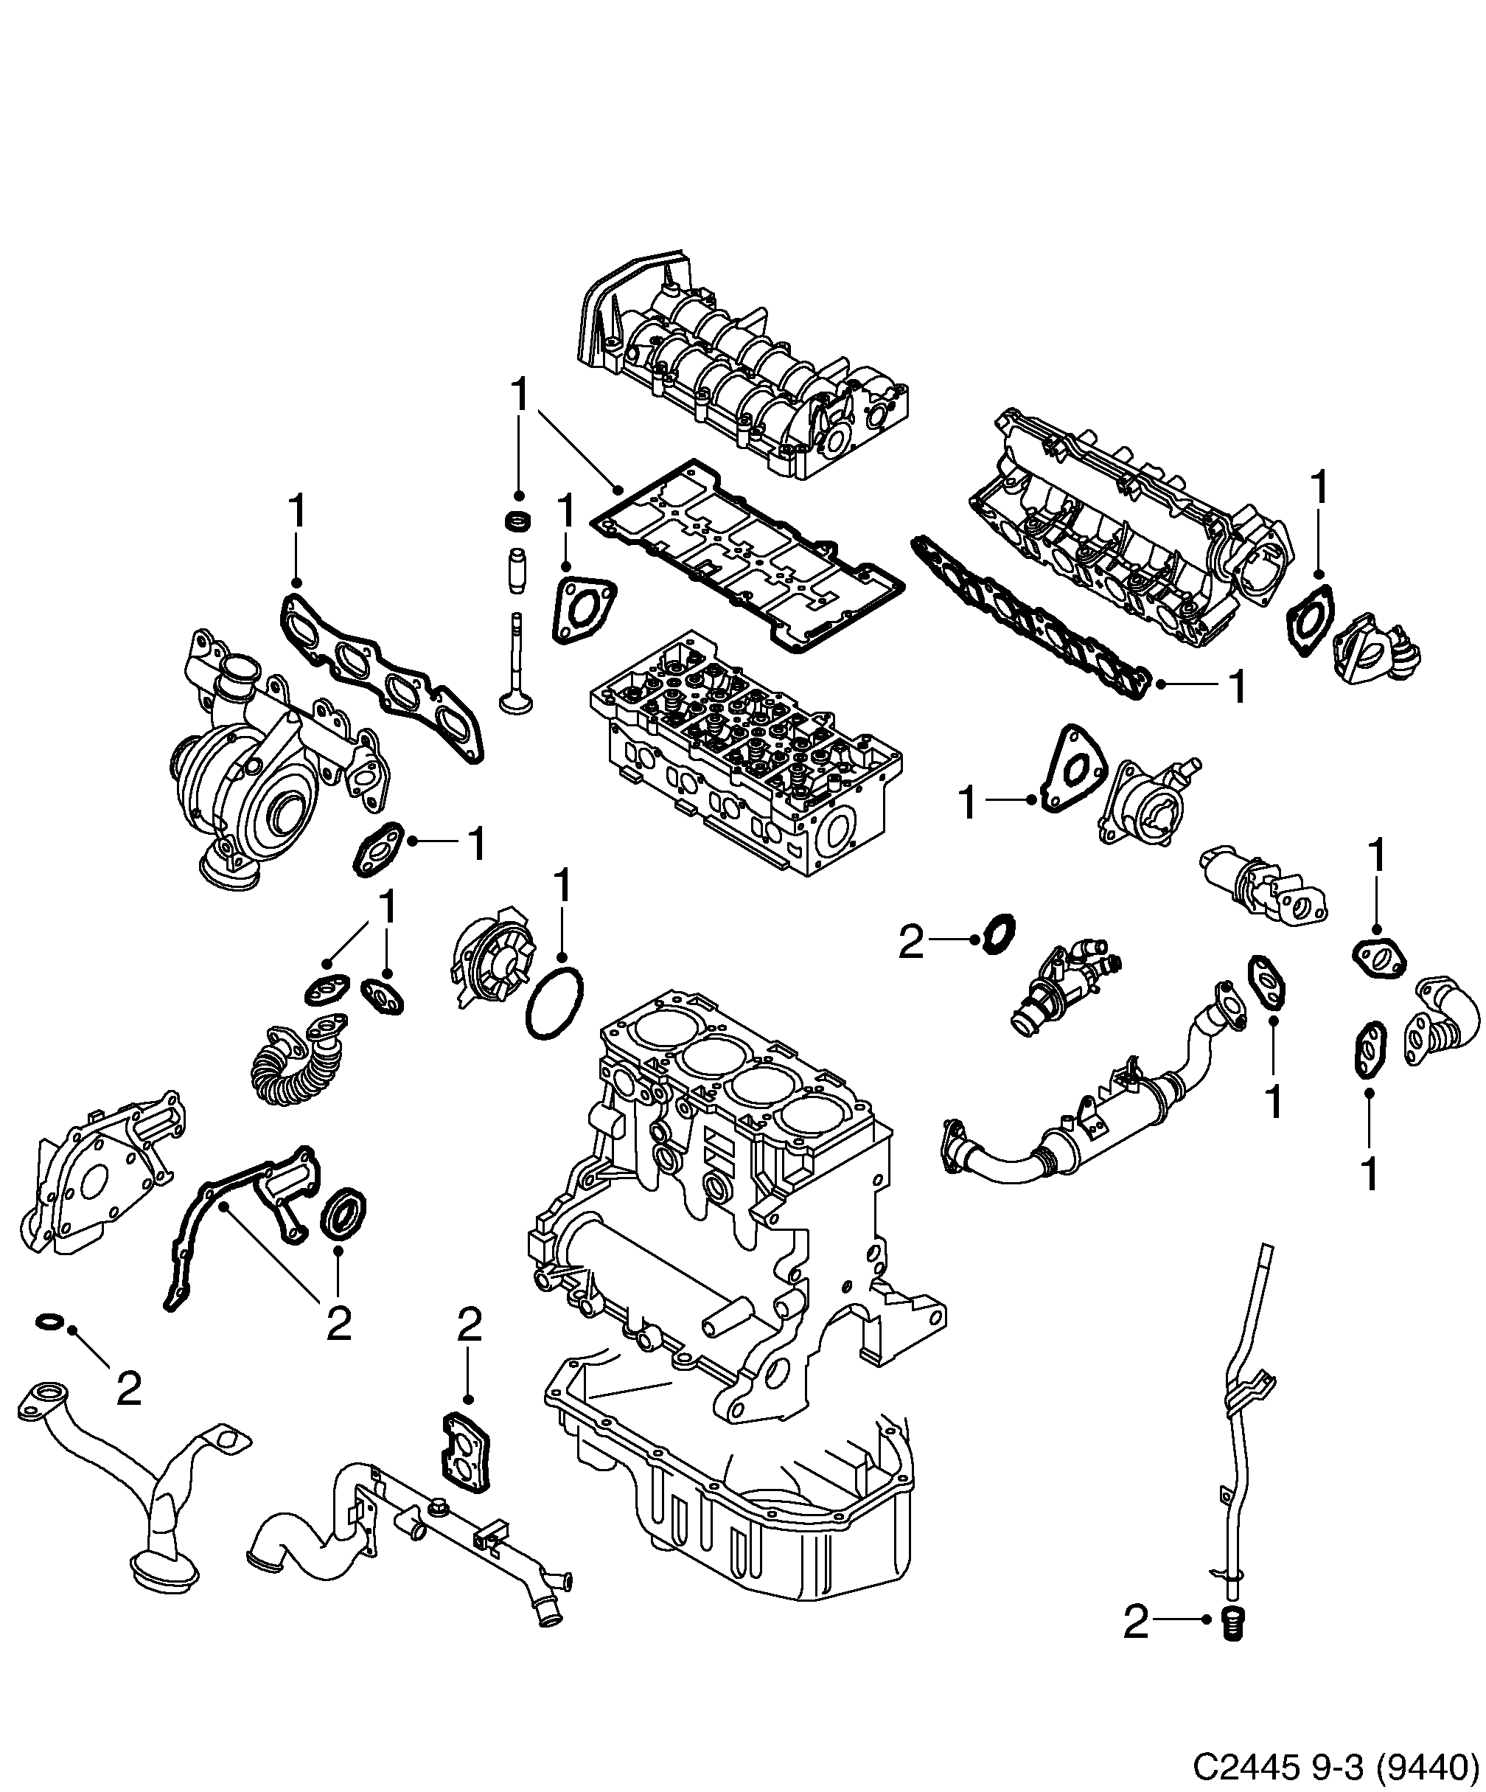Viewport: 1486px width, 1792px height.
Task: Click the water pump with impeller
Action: pyautogui.click(x=489, y=961)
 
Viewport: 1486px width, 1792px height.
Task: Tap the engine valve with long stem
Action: pyautogui.click(x=515, y=674)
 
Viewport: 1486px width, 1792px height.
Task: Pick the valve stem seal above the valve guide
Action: pyautogui.click(x=517, y=520)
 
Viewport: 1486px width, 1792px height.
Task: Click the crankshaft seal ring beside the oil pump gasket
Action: pyautogui.click(x=346, y=1211)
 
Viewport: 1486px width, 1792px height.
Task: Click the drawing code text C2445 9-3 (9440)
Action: pyautogui.click(x=1335, y=1764)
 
